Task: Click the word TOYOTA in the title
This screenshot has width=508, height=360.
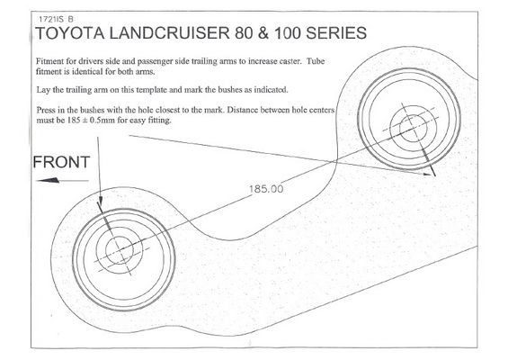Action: [69, 33]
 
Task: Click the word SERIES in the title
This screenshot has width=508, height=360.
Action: [336, 33]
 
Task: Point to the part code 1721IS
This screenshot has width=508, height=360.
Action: [51, 19]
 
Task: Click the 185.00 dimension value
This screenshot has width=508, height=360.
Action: [266, 189]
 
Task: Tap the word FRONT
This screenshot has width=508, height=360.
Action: [61, 162]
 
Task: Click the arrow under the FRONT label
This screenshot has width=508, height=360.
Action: [62, 180]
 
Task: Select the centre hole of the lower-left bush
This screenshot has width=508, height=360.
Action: [120, 249]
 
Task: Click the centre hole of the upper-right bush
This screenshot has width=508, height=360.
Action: [413, 129]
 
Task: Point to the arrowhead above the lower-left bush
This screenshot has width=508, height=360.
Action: [100, 201]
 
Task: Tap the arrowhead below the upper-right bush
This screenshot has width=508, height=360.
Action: [428, 175]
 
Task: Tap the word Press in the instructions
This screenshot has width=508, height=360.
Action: [45, 110]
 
